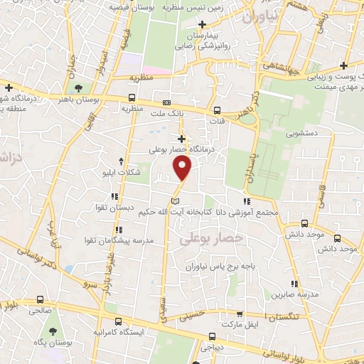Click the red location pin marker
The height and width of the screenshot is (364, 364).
(x=183, y=168)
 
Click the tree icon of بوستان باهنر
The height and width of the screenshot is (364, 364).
(x=77, y=88)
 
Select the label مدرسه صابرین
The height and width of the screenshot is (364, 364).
(x=306, y=294)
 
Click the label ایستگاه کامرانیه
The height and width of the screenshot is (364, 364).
(x=118, y=332)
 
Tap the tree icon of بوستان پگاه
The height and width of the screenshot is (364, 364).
(x=53, y=331)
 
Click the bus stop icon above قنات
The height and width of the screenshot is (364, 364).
(x=218, y=110)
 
